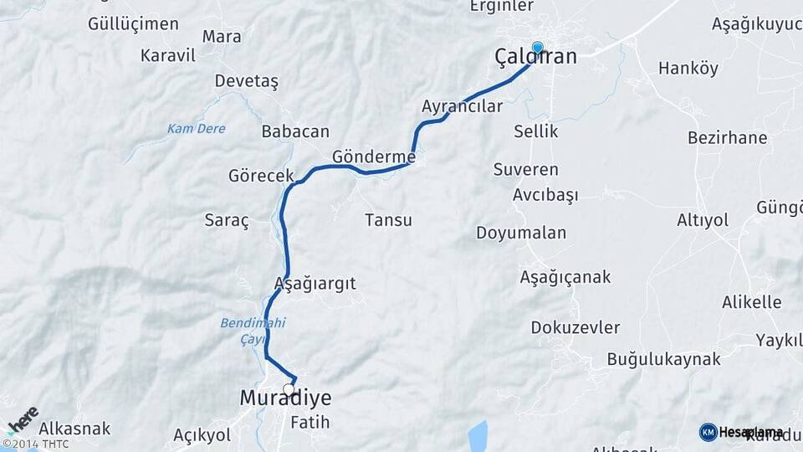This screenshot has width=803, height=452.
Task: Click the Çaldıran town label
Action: click(535, 57)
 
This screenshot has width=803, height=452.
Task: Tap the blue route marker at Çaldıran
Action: click(537, 48)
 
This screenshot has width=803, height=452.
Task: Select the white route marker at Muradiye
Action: click(289, 389)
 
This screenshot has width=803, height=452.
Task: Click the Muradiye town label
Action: click(285, 398)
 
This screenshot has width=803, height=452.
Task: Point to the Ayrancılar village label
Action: click(462, 106)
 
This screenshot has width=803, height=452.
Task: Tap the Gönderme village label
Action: click(374, 157)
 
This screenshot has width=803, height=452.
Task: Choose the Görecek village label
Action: click(261, 176)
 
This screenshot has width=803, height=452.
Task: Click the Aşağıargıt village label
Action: click(315, 283)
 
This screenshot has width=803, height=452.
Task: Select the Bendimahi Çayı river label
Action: click(242, 331)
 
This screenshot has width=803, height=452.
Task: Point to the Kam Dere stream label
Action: click(196, 128)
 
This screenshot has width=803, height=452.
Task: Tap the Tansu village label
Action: click(388, 220)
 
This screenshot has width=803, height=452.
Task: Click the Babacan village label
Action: click(295, 131)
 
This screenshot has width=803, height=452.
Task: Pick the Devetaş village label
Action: click(246, 81)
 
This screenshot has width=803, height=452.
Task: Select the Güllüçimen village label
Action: click(133, 23)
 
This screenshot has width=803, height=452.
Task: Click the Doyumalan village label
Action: click(521, 233)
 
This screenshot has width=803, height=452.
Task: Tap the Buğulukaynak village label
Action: click(663, 359)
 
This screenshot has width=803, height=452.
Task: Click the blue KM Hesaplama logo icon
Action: click(708, 432)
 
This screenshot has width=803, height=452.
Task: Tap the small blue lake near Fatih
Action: click(477, 435)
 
